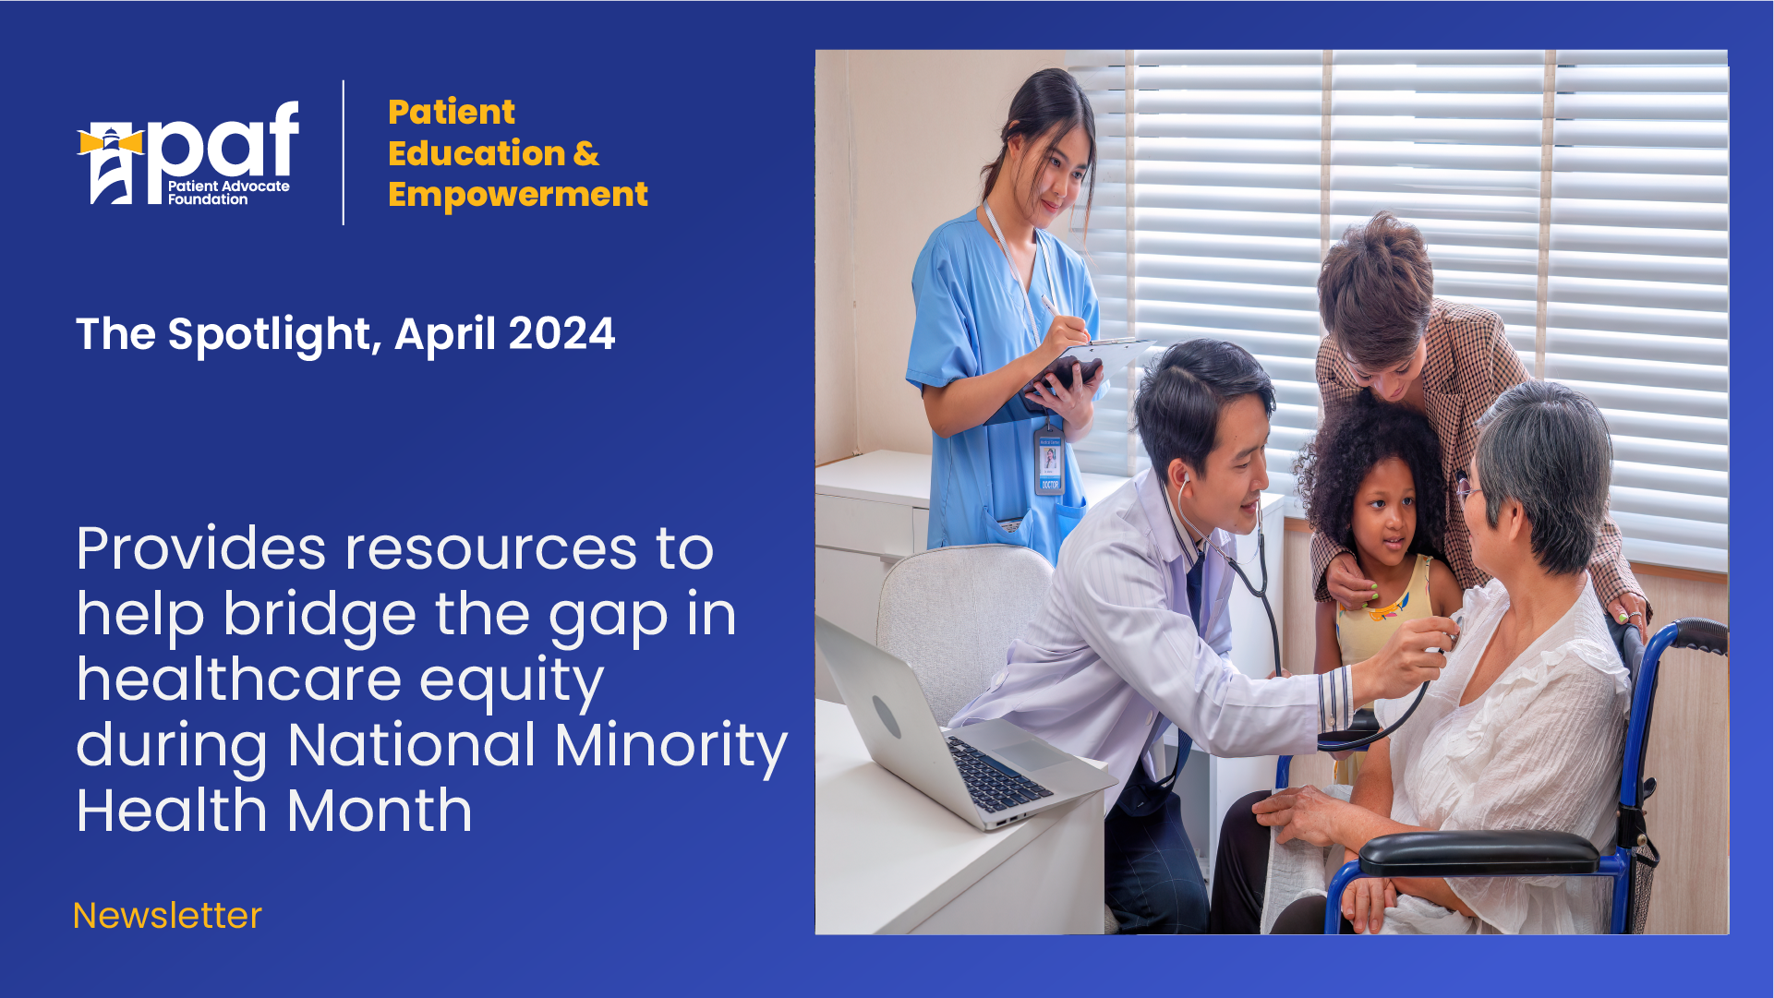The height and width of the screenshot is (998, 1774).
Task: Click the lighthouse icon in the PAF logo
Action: coord(111,164)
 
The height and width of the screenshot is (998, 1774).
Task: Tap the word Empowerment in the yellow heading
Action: coord(518,195)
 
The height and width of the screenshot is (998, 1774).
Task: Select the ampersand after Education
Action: coord(586,153)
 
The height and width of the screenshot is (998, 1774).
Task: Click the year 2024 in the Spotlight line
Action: coord(561,333)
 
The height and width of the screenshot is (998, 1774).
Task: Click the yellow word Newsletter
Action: coord(167,916)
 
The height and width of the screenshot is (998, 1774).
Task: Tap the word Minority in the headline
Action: coord(671,745)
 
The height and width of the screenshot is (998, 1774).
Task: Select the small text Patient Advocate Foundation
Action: coord(228,192)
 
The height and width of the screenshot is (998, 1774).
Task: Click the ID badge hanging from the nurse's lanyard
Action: coord(1049,461)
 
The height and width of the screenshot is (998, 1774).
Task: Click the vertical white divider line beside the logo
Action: coord(344,152)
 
